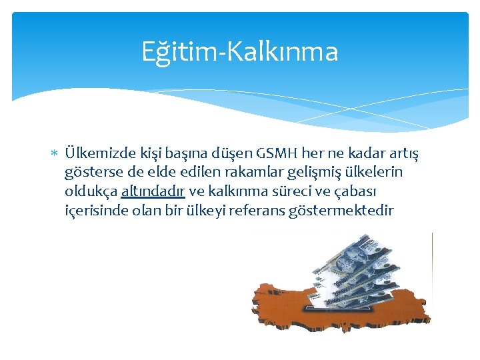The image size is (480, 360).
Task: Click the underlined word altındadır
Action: [x=153, y=192]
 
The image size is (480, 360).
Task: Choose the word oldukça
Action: [x=91, y=192]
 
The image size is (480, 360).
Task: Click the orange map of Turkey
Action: [x=287, y=303]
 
